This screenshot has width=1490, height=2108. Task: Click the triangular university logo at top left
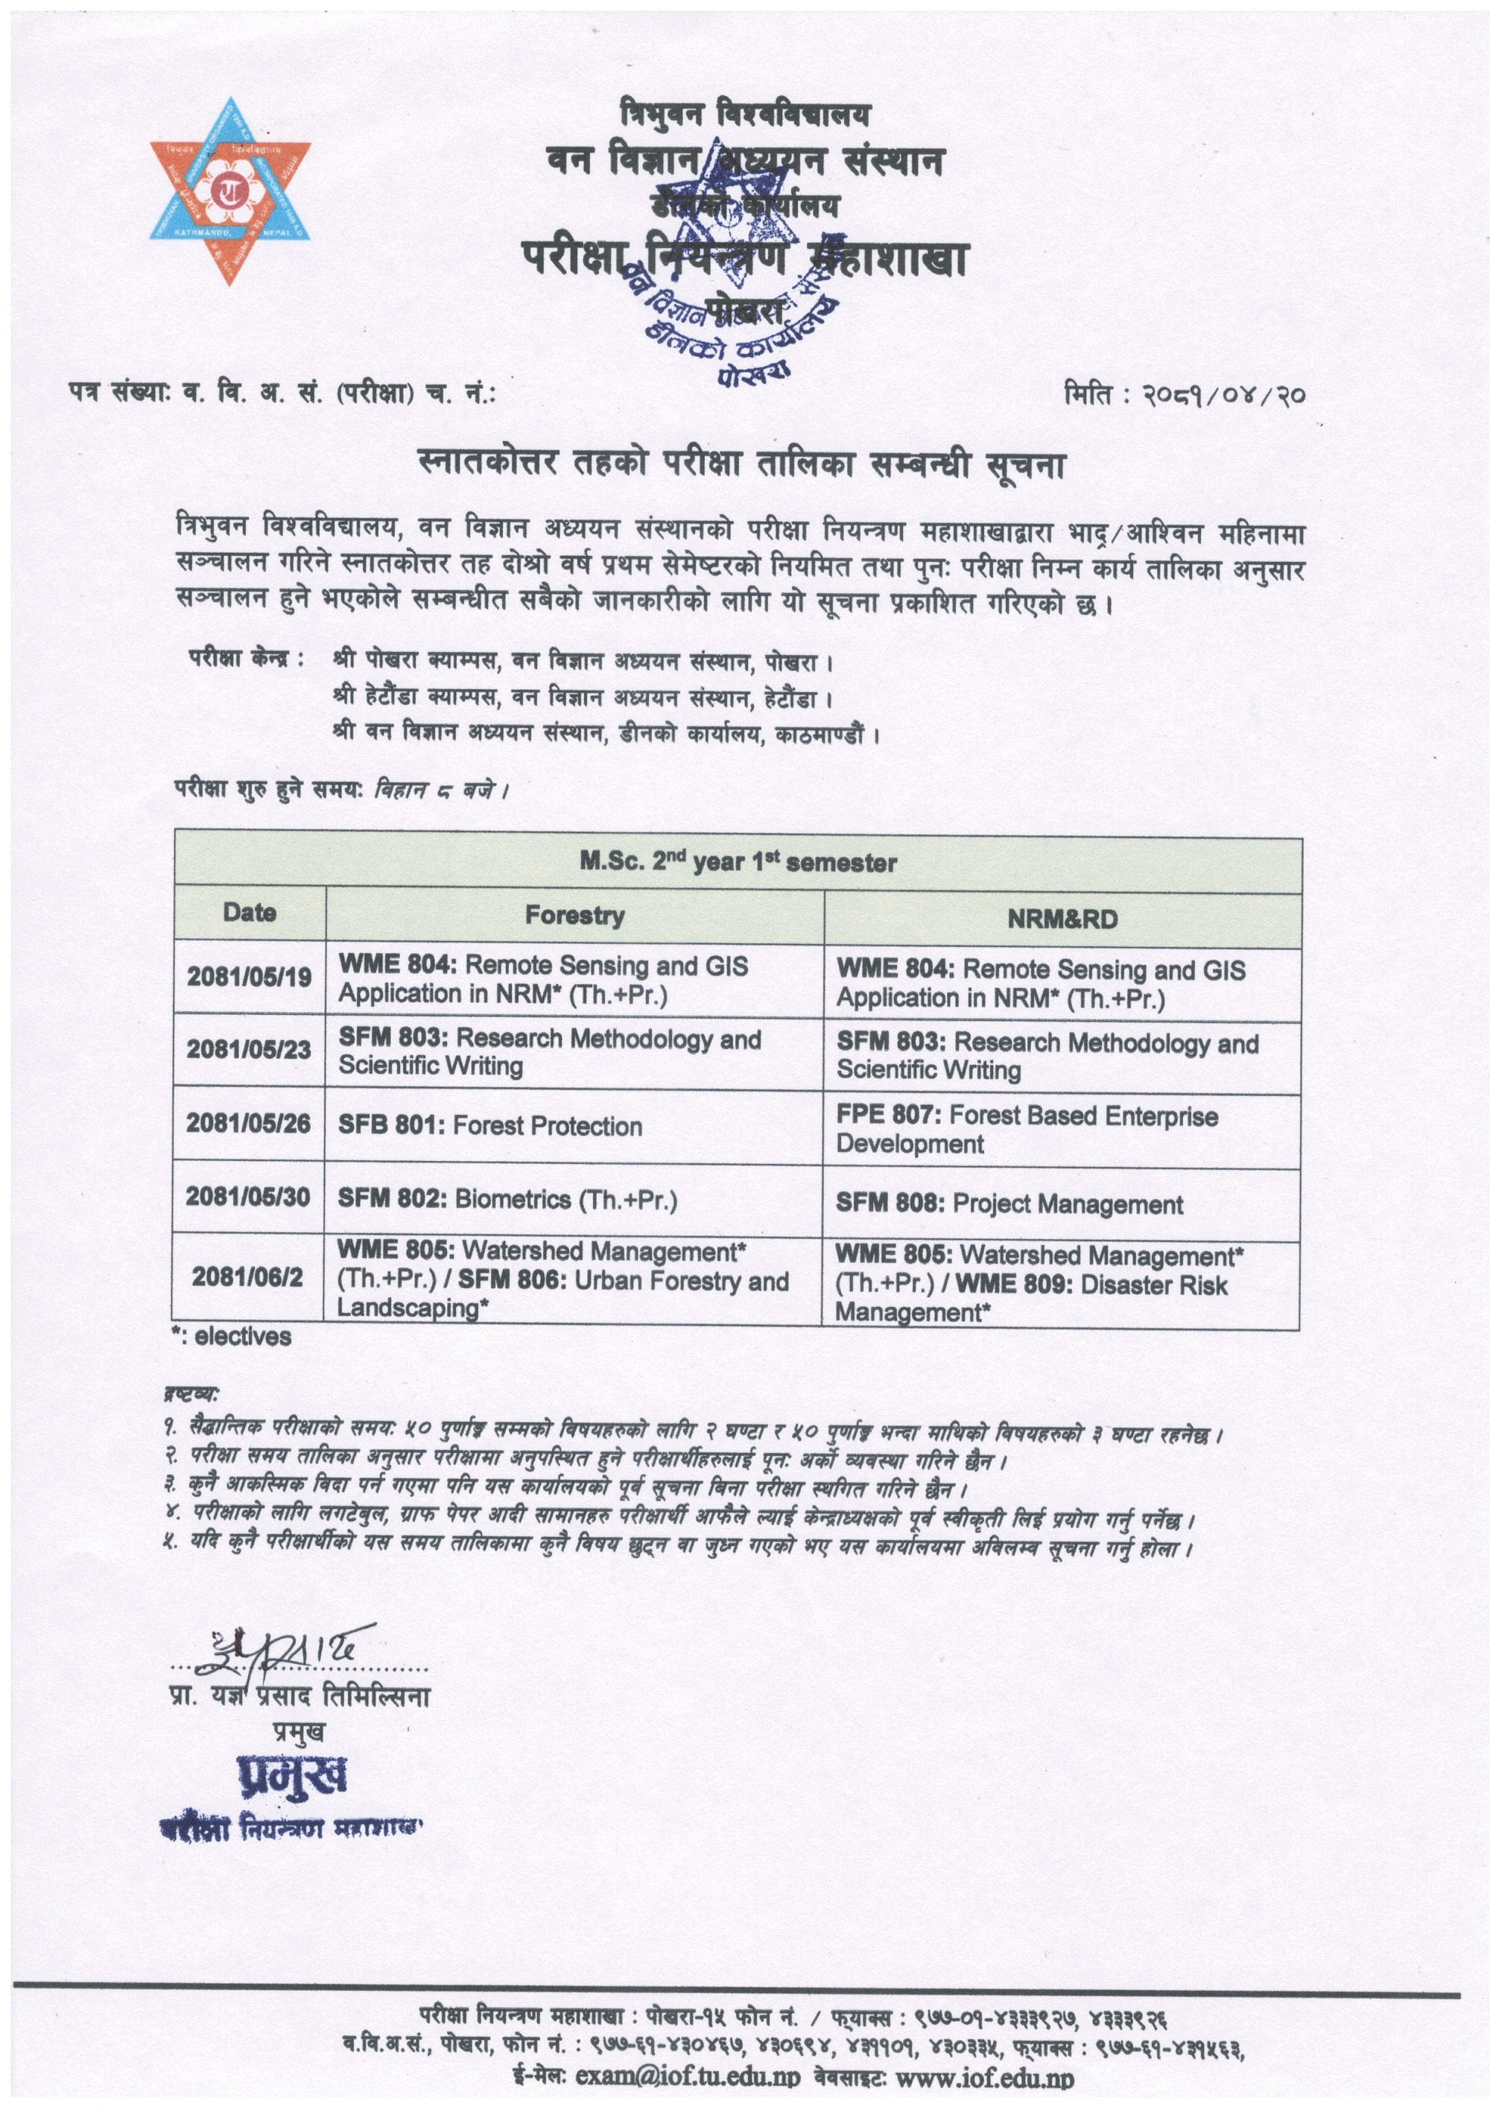coord(230,190)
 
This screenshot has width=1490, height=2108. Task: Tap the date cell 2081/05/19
coord(249,977)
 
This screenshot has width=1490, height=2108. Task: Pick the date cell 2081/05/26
coord(248,1124)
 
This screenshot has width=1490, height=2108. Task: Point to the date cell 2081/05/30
coord(248,1197)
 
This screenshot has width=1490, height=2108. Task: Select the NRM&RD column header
coord(1062,920)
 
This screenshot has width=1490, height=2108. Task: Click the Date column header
coord(249,913)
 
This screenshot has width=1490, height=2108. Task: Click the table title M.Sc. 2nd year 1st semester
coord(738,862)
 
